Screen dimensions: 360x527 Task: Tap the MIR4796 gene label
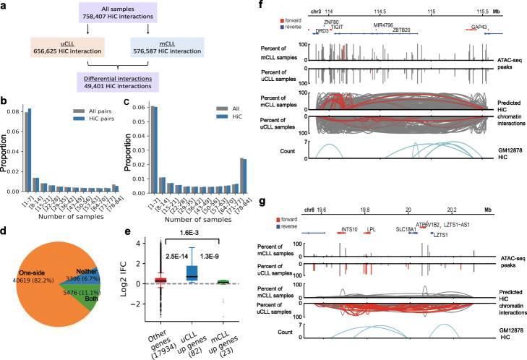point(382,25)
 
